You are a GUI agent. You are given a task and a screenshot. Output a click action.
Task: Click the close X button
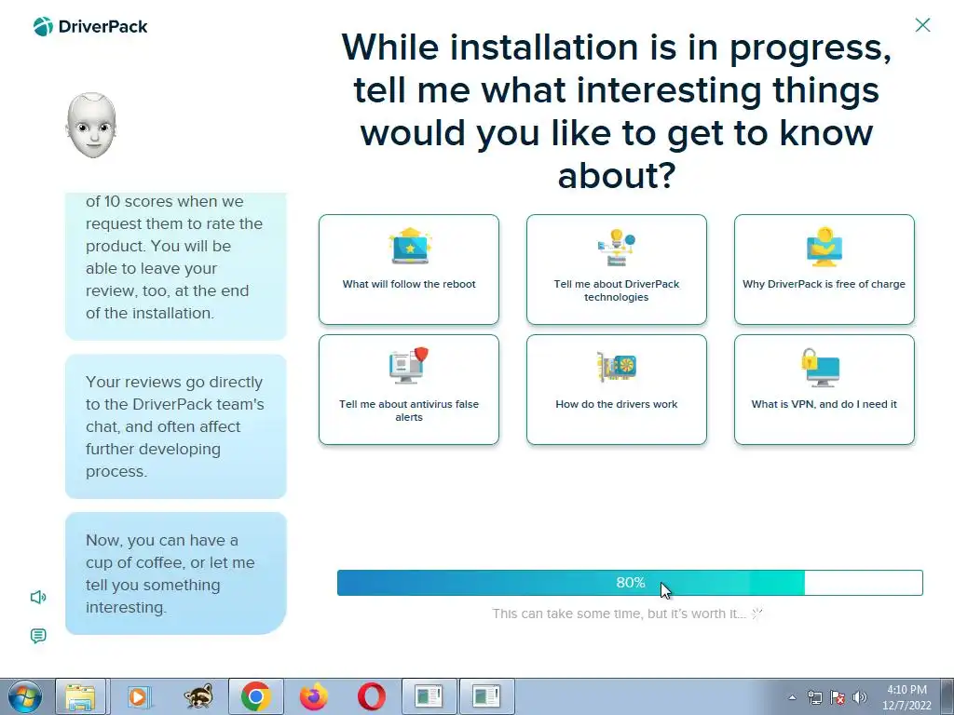click(922, 25)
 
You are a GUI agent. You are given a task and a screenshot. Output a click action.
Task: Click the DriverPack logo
click(90, 27)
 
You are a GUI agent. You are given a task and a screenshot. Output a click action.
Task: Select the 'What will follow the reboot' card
click(409, 269)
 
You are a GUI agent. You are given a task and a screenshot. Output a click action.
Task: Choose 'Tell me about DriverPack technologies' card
click(617, 269)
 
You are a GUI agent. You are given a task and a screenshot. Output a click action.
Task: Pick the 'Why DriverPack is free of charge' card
click(825, 269)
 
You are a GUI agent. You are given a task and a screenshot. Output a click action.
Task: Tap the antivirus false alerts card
click(409, 390)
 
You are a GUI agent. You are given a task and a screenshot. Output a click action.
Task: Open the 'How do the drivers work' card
click(617, 390)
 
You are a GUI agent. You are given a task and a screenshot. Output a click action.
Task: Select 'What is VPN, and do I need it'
click(825, 390)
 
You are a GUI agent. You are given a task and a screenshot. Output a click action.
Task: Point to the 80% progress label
click(631, 583)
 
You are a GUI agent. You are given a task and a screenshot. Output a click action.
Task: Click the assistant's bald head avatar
click(91, 126)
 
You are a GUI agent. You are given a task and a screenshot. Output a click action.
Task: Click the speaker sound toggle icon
click(37, 597)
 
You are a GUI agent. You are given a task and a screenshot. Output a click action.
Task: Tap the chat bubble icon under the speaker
click(37, 636)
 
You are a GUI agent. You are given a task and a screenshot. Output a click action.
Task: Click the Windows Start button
click(25, 696)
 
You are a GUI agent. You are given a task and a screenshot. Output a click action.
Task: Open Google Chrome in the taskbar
click(255, 696)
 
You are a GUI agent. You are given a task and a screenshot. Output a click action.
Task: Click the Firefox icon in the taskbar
click(314, 696)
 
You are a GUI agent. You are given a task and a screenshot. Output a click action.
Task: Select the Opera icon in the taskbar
click(371, 696)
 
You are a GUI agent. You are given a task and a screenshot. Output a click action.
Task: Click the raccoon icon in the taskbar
click(198, 696)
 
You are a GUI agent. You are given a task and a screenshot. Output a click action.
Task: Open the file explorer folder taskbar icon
click(80, 696)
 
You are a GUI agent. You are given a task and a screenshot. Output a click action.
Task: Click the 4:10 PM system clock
click(906, 690)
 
